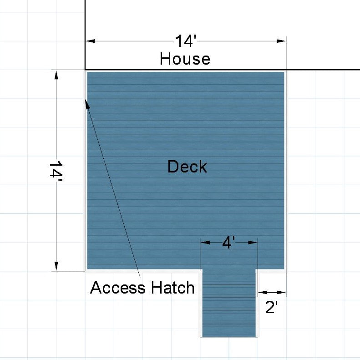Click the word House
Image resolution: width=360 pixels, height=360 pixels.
pyautogui.click(x=185, y=59)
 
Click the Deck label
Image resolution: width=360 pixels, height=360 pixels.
pyautogui.click(x=187, y=167)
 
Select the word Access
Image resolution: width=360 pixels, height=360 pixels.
pyautogui.click(x=117, y=288)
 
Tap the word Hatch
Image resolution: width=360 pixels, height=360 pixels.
pyautogui.click(x=172, y=288)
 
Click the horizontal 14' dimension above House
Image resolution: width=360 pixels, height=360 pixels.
pyautogui.click(x=186, y=41)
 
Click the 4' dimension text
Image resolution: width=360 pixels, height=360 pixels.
pyautogui.click(x=228, y=243)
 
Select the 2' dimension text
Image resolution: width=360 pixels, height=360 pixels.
pyautogui.click(x=271, y=307)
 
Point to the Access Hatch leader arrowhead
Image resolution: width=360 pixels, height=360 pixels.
pyautogui.click(x=87, y=104)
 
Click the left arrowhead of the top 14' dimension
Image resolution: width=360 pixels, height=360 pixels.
pyautogui.click(x=90, y=41)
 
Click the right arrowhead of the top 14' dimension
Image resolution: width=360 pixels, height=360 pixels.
pyautogui.click(x=281, y=41)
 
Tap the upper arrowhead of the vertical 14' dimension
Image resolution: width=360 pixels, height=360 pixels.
pyautogui.click(x=56, y=75)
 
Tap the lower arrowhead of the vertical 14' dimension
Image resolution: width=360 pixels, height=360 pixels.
pyautogui.click(x=56, y=266)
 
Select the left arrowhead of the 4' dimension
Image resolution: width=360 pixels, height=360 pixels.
pyautogui.click(x=205, y=243)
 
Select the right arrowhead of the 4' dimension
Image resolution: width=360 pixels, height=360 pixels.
pyautogui.click(x=253, y=243)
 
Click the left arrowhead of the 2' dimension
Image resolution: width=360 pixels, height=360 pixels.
pyautogui.click(x=263, y=292)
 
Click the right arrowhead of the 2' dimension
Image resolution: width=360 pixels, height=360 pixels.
pyautogui.click(x=281, y=292)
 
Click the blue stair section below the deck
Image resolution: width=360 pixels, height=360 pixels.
pyautogui.click(x=229, y=303)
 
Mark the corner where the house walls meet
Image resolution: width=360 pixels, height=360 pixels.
pyautogui.click(x=85, y=70)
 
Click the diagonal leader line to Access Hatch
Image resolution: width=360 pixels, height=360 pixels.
pyautogui.click(x=113, y=189)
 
